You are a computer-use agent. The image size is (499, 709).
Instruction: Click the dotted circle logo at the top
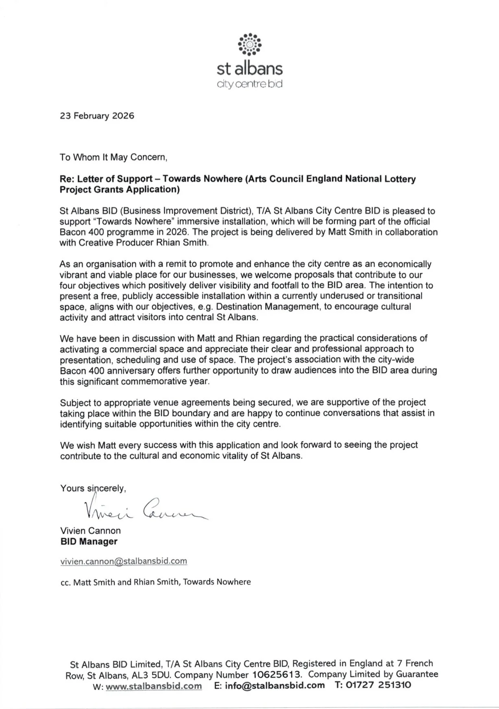(249, 44)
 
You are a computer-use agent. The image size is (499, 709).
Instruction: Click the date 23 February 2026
(97, 116)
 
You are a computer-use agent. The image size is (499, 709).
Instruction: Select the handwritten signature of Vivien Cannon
(144, 509)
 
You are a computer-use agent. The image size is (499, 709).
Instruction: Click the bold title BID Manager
(89, 542)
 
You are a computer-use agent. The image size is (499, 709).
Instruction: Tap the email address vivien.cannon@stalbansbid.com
(124, 561)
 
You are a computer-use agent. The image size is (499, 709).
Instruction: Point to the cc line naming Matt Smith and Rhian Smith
(155, 582)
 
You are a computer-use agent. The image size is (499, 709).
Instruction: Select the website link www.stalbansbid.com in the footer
(154, 685)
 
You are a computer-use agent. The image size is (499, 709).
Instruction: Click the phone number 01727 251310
(378, 685)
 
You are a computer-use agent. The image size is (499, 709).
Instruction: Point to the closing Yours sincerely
(93, 488)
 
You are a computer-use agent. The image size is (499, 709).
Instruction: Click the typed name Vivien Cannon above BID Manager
(90, 531)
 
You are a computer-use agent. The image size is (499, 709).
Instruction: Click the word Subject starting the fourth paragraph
(75, 402)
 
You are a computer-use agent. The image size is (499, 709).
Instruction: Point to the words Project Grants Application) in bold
(120, 189)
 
